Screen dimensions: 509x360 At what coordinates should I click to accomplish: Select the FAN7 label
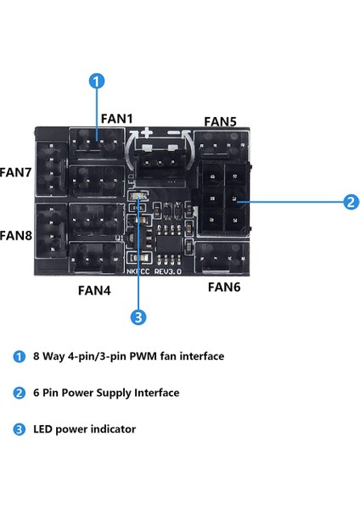click(x=15, y=171)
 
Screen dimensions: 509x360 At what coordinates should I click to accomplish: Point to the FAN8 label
click(x=15, y=234)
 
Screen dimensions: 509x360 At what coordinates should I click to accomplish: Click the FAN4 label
click(x=94, y=289)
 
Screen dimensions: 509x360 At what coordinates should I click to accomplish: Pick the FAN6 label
click(x=225, y=287)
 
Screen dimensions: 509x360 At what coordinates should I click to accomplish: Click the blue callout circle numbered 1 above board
click(x=97, y=81)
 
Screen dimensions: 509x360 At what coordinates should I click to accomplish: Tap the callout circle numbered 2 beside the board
click(x=349, y=202)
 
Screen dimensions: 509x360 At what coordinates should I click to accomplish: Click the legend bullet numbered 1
click(x=20, y=356)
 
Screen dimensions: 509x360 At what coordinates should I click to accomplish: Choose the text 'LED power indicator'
click(x=86, y=429)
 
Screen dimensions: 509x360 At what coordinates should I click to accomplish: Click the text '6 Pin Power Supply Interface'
click(x=108, y=393)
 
